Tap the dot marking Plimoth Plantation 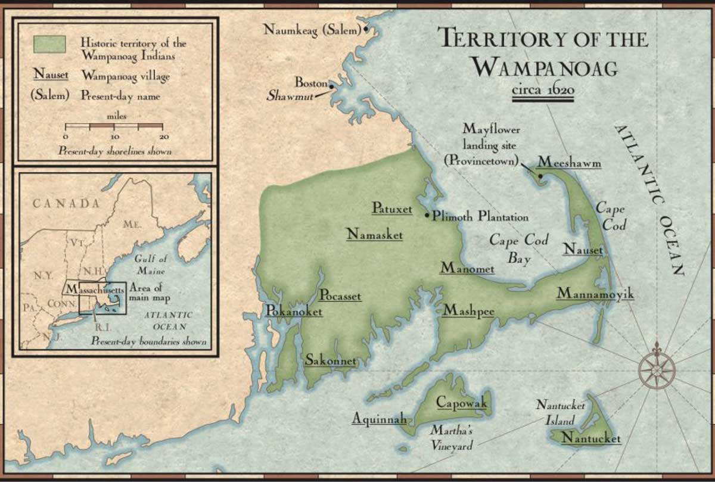click(x=427, y=215)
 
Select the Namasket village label click(x=374, y=235)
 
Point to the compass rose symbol click(x=656, y=368)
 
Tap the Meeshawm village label click(x=569, y=162)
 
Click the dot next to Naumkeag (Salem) click(x=366, y=29)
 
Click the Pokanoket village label click(x=294, y=311)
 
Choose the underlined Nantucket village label click(x=591, y=439)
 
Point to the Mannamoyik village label click(x=595, y=294)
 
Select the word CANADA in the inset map click(x=66, y=203)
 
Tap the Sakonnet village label click(x=331, y=360)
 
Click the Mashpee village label click(x=468, y=310)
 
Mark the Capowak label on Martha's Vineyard click(x=462, y=403)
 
